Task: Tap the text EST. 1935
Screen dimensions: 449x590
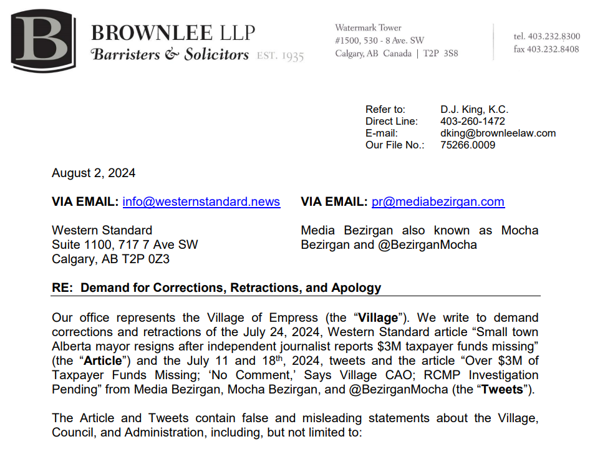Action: (281, 56)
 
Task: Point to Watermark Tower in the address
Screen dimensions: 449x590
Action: (368, 27)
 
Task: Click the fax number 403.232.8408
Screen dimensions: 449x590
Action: (553, 49)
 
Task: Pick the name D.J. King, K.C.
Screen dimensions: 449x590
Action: (474, 110)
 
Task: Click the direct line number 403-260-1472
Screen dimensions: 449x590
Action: (473, 122)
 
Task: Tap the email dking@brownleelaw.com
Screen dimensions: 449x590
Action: (498, 133)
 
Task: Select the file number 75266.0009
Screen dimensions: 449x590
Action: (468, 145)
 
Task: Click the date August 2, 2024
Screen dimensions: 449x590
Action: (94, 173)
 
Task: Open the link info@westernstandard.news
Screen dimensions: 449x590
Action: (201, 202)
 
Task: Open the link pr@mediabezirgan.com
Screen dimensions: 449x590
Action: (438, 202)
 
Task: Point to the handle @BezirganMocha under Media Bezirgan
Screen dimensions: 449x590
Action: (427, 244)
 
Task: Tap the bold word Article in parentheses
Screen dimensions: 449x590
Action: (102, 361)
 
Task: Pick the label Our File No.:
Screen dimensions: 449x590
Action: (395, 145)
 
